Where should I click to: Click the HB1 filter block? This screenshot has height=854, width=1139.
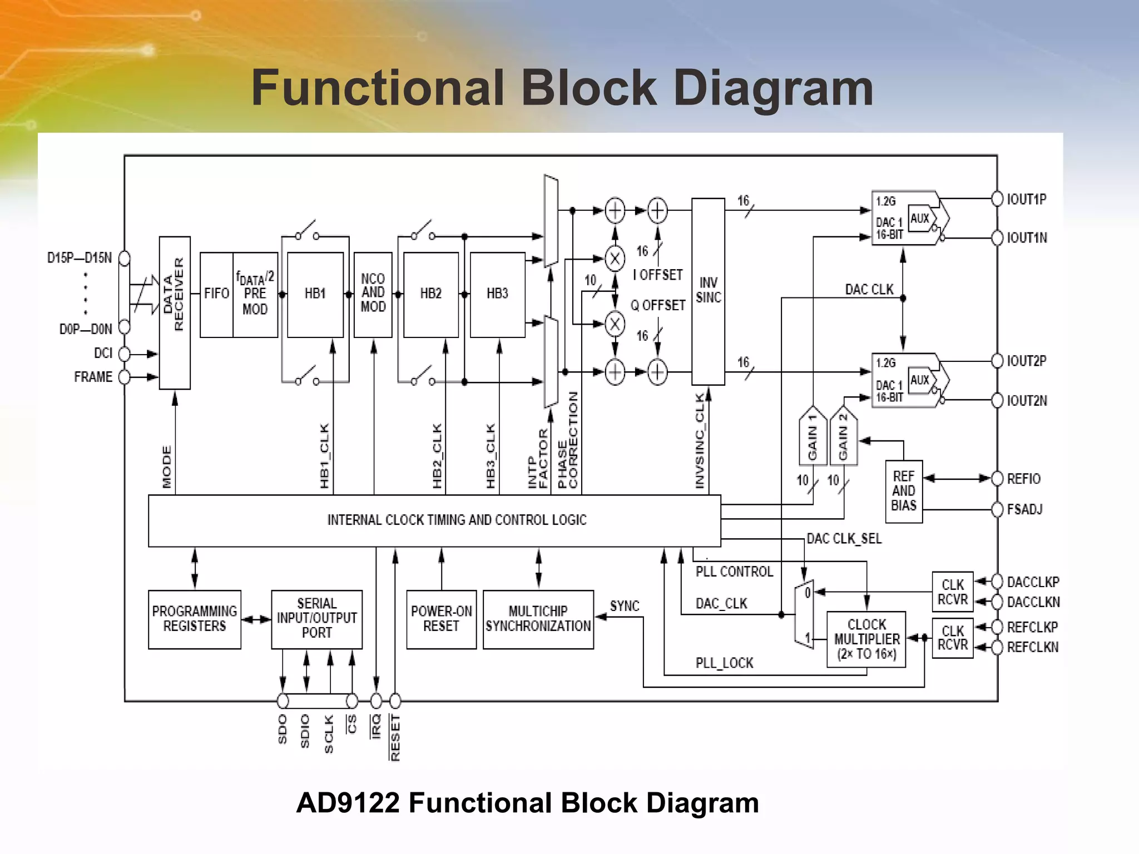(x=315, y=294)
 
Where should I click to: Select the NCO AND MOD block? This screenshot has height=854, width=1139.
(x=373, y=294)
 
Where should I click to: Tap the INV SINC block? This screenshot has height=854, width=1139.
(x=708, y=291)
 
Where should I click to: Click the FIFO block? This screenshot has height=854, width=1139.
(x=216, y=294)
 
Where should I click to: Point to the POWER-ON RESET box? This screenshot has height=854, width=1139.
(x=441, y=619)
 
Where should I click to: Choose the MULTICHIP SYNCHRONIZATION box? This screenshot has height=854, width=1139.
(x=538, y=619)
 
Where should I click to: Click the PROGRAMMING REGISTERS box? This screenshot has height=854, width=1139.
(x=194, y=619)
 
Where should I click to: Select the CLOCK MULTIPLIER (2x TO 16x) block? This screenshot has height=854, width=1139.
(x=866, y=639)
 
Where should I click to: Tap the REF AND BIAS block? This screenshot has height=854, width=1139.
(x=903, y=491)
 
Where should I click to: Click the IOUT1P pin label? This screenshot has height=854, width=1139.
(x=1027, y=199)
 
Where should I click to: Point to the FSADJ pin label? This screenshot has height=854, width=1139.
(x=1024, y=509)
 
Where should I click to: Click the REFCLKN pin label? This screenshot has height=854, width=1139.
(x=1032, y=647)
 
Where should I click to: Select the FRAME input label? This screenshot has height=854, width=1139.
(x=93, y=377)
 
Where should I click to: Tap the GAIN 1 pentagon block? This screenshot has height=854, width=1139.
(x=813, y=437)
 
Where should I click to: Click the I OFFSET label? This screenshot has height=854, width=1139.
(x=657, y=275)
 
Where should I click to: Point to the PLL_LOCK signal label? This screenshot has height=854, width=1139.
(x=724, y=663)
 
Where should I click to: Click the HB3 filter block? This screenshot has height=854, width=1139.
(x=497, y=294)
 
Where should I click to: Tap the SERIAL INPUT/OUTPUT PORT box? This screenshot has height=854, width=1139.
(x=316, y=619)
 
